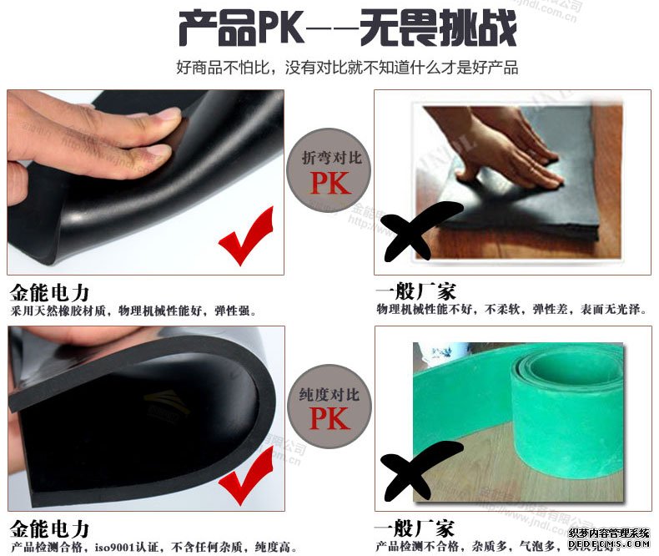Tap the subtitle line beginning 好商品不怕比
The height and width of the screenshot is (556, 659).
347,68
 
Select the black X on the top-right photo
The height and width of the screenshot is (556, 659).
420,228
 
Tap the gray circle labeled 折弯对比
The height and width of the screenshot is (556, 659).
330,171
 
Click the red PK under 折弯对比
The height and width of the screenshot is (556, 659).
330,182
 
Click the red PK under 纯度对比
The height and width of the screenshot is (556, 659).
330,418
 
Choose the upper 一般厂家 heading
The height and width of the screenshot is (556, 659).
415,292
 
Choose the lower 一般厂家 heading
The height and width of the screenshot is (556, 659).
415,529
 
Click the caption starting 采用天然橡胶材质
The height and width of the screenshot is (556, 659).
133,311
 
